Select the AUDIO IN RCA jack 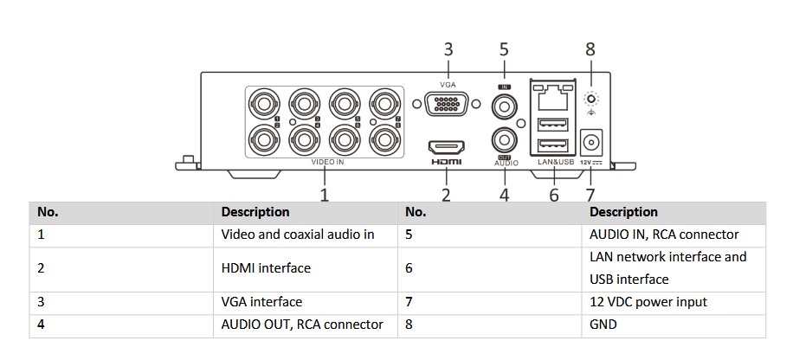point(504,106)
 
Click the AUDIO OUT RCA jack point(504,138)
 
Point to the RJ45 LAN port point(554,98)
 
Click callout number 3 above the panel point(448,50)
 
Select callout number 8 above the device point(590,49)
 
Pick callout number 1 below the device point(324,195)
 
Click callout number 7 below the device point(590,195)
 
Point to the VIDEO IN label point(328,162)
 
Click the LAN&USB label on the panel point(555,162)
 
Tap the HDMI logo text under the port point(447,162)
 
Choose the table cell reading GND point(603,325)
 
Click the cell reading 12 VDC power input point(648,302)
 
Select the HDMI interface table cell point(266,268)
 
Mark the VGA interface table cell point(261,302)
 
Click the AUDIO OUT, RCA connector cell point(302,325)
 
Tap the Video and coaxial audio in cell point(298,235)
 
